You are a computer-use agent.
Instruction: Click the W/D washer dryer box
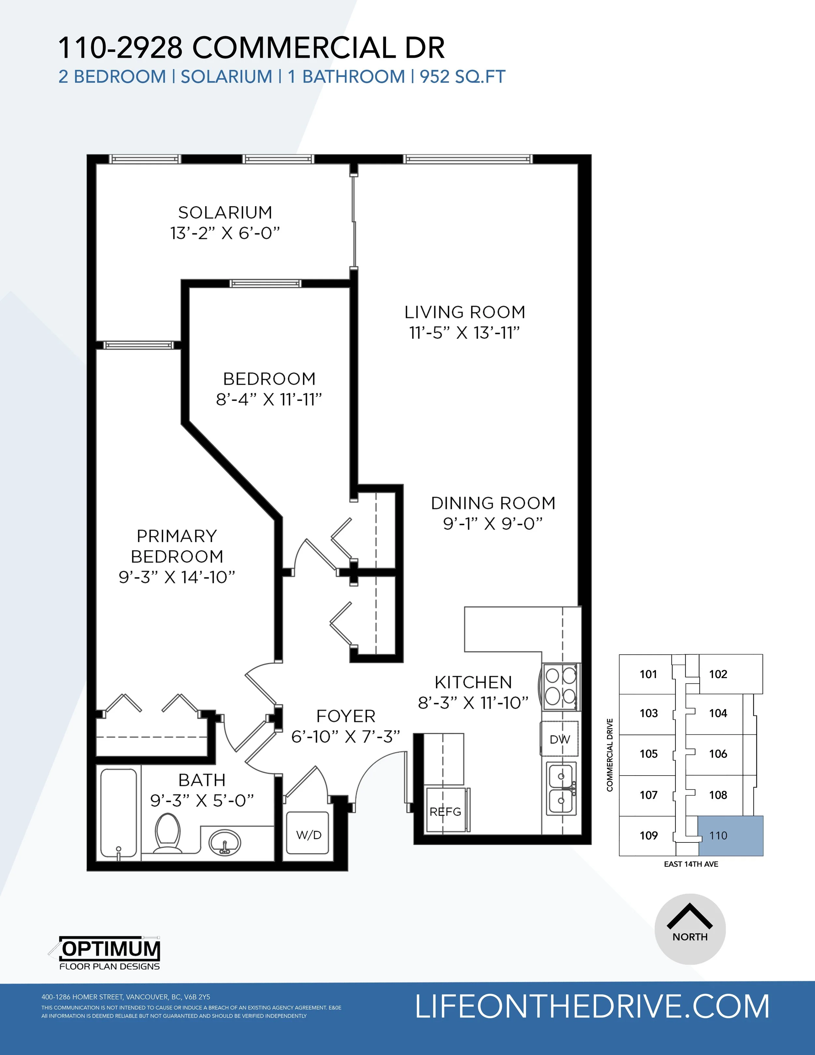tap(308, 835)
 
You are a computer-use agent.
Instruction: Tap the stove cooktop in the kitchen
tap(561, 686)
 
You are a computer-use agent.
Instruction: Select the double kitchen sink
tap(561, 788)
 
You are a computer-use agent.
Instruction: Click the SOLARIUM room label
tap(225, 213)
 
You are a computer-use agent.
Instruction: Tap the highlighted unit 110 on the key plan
tap(731, 836)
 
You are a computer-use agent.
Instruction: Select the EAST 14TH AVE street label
tap(691, 864)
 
